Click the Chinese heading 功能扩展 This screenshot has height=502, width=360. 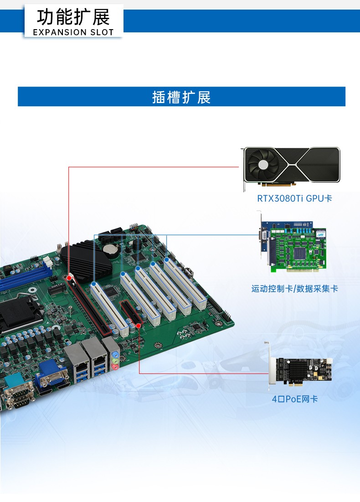(x=73, y=17)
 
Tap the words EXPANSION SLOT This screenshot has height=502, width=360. (x=73, y=32)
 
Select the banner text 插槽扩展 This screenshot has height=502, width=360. (x=181, y=97)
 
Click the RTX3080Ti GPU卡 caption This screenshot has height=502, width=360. (x=294, y=198)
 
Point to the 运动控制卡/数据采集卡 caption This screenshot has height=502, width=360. (x=294, y=289)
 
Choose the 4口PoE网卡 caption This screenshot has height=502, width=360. (x=294, y=399)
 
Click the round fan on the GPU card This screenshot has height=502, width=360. (x=263, y=165)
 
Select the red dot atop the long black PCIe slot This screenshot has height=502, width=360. (x=69, y=277)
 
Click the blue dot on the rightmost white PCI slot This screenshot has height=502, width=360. (x=167, y=260)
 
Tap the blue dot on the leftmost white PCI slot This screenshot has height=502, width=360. (x=93, y=284)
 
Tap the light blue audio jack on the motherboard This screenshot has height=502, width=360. (x=116, y=354)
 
